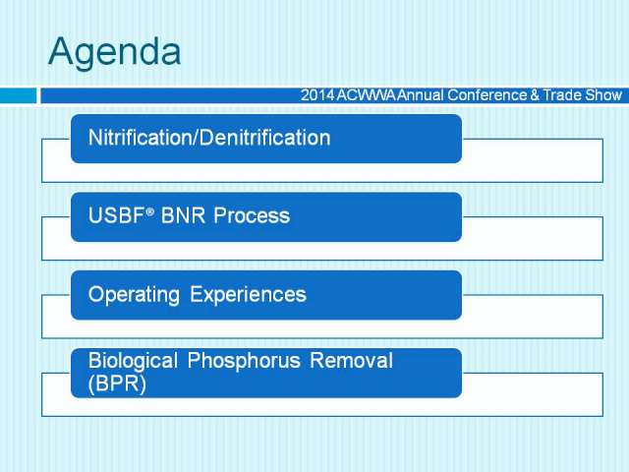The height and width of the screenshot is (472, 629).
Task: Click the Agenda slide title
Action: pyautogui.click(x=115, y=52)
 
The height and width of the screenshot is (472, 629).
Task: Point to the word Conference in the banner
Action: pyautogui.click(x=487, y=95)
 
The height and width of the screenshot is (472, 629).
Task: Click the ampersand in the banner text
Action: pyautogui.click(x=535, y=95)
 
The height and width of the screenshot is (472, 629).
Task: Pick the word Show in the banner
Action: pyautogui.click(x=603, y=95)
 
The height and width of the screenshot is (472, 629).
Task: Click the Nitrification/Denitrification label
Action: pyautogui.click(x=209, y=138)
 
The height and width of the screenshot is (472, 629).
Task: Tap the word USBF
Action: pyautogui.click(x=116, y=215)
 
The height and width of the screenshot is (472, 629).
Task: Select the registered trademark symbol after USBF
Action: pyautogui.click(x=149, y=211)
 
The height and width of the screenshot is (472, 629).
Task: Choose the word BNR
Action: pyautogui.click(x=183, y=215)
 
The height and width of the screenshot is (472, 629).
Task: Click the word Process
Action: pyautogui.click(x=252, y=215)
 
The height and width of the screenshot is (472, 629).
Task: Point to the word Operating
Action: pyautogui.click(x=134, y=295)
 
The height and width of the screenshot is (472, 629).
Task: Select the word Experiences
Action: pyautogui.click(x=248, y=294)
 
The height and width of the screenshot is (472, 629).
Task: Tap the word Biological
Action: pyautogui.click(x=133, y=361)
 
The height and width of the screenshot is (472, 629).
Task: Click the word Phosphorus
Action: pyautogui.click(x=244, y=361)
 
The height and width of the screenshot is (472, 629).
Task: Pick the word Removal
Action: pyautogui.click(x=352, y=360)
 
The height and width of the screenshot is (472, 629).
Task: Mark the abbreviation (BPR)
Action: pyautogui.click(x=117, y=383)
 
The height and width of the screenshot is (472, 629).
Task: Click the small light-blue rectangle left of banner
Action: pyautogui.click(x=18, y=96)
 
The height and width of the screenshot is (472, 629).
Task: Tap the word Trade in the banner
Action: pyautogui.click(x=562, y=95)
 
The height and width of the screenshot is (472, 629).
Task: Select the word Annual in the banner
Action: pyautogui.click(x=422, y=95)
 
